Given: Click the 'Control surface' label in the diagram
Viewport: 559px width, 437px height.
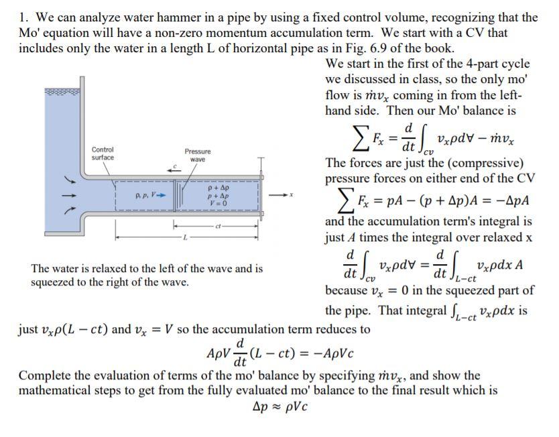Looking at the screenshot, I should (x=103, y=153).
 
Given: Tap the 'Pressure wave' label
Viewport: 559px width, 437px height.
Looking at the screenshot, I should (x=197, y=155).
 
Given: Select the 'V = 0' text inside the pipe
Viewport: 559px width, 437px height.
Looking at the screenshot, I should (x=219, y=203).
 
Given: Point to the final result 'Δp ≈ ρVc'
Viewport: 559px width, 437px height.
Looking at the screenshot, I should (x=280, y=407).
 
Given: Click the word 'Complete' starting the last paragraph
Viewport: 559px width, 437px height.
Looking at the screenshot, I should (x=42, y=375).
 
